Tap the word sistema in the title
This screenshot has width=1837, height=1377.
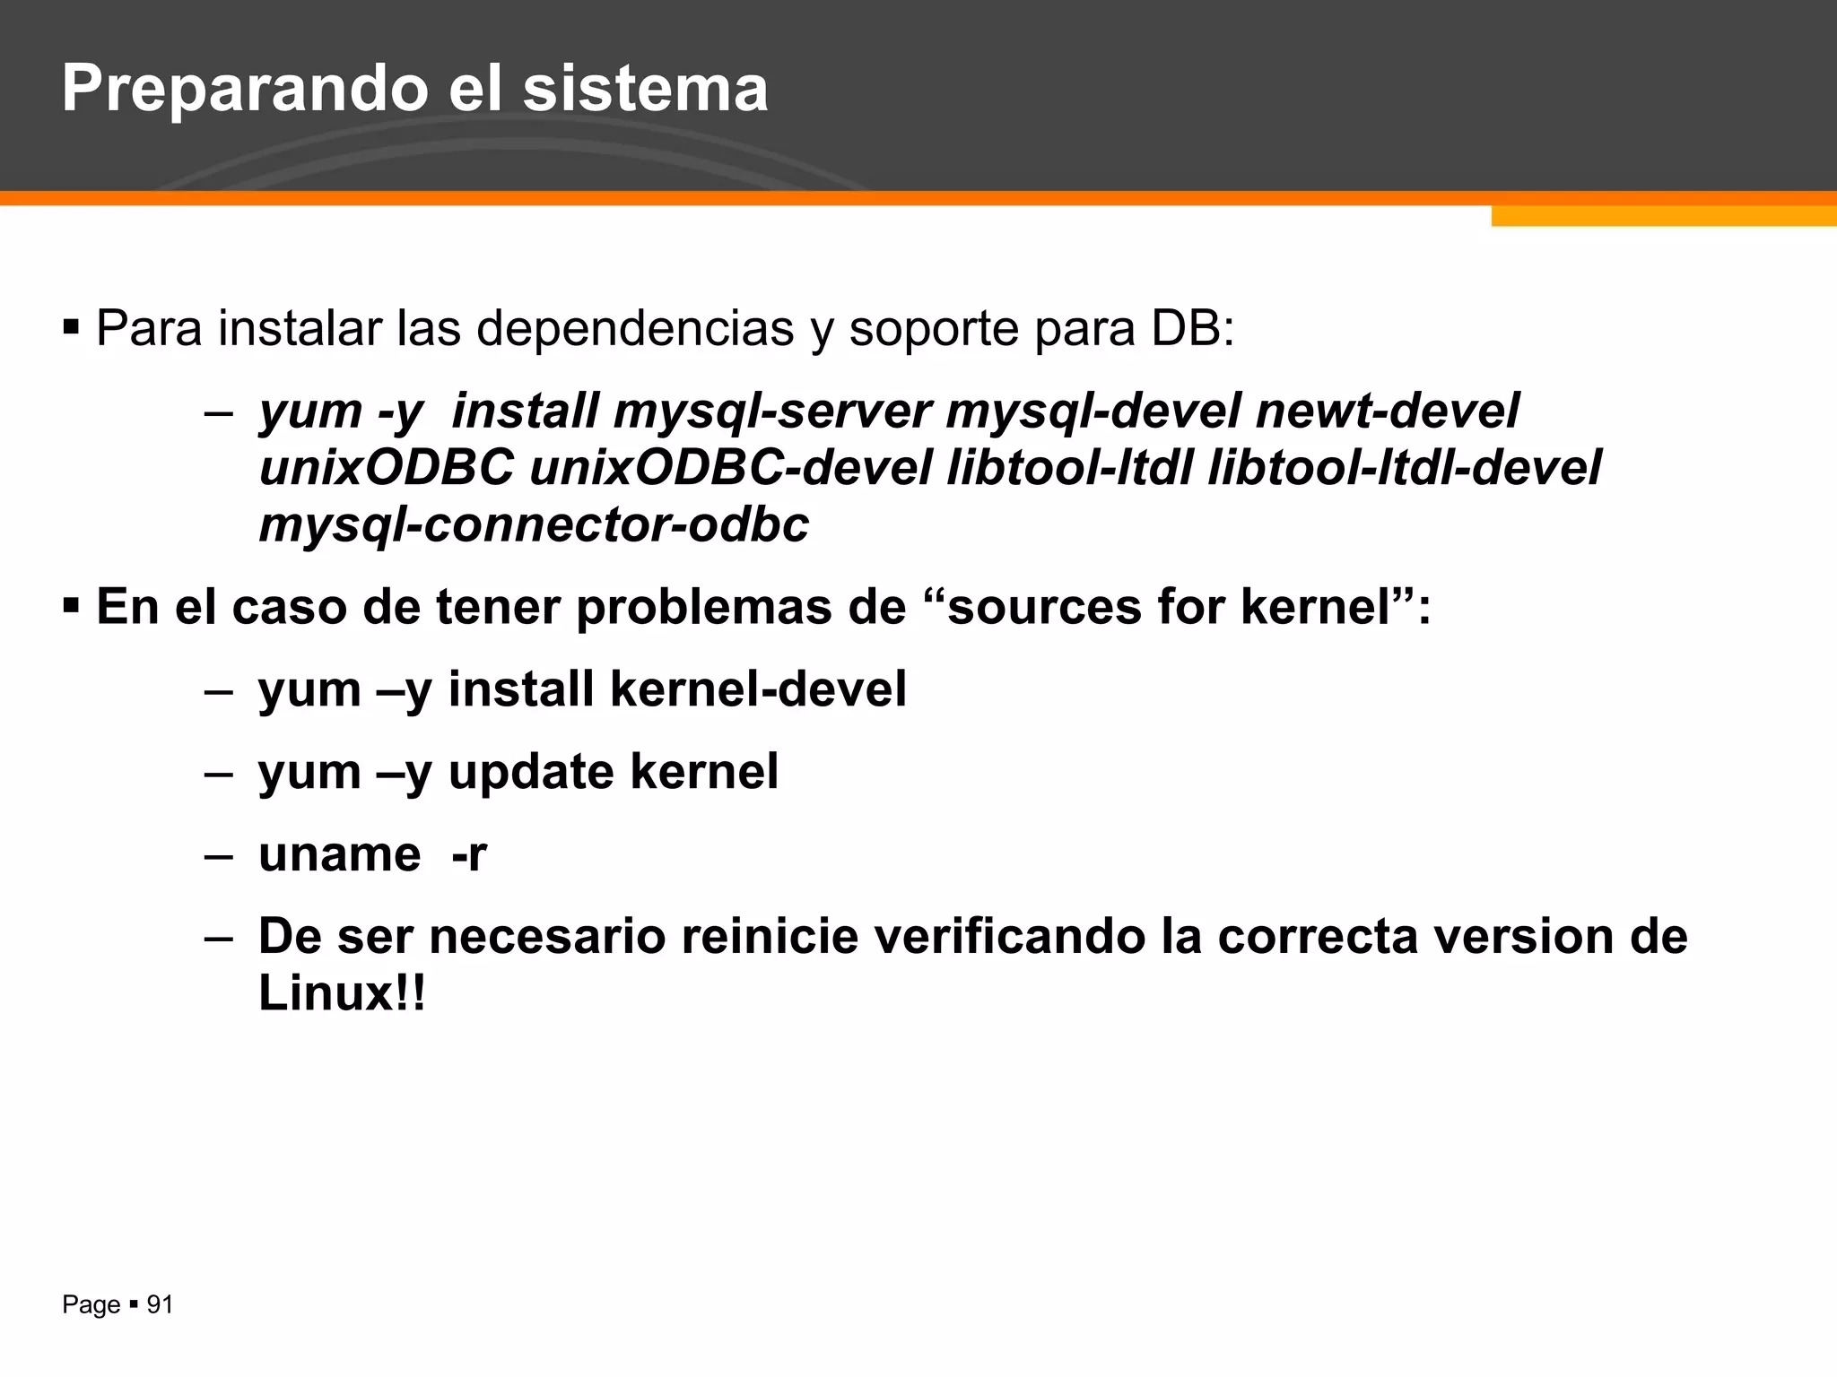pos(645,90)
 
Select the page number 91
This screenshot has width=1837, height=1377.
pos(160,1304)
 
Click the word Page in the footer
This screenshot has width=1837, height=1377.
pos(91,1305)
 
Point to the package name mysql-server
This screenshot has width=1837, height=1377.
pos(772,411)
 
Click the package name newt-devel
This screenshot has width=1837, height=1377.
pos(1387,411)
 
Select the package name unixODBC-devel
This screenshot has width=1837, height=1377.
pos(731,468)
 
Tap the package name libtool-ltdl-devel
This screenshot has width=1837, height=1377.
pos(1404,468)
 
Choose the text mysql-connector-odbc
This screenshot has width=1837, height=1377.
pos(534,524)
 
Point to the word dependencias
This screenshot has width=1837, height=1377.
pos(635,328)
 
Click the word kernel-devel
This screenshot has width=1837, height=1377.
pos(758,689)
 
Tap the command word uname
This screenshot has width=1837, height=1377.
pos(339,854)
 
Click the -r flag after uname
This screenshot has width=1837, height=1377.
pos(468,854)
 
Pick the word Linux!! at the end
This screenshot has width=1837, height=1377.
pos(342,993)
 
